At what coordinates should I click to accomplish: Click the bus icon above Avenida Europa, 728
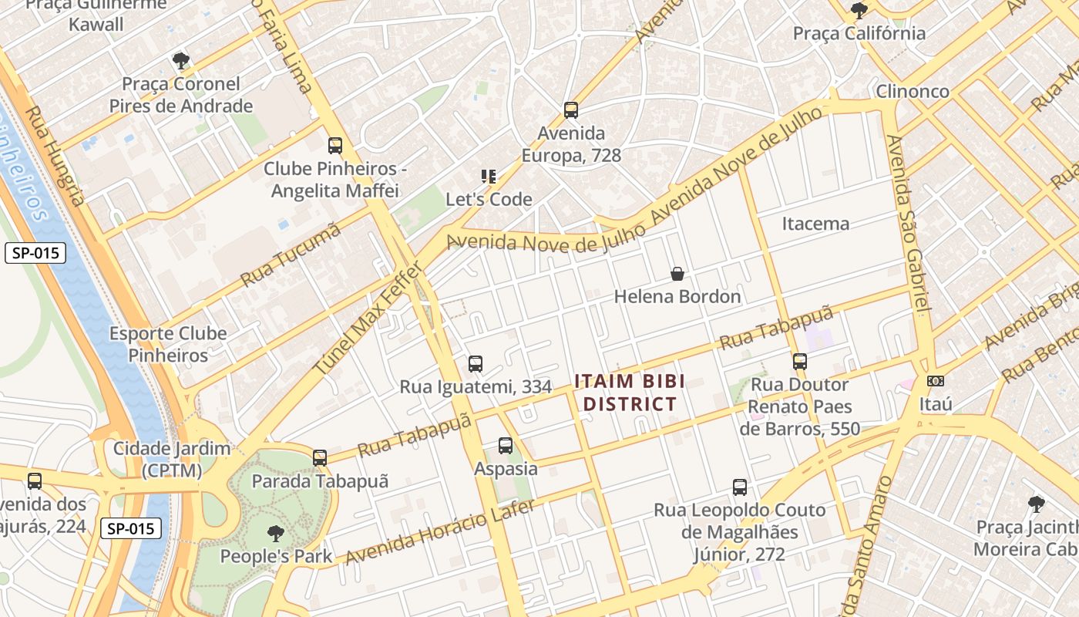click(570, 110)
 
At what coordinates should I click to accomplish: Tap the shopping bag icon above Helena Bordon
click(677, 274)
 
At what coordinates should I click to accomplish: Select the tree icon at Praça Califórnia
click(859, 11)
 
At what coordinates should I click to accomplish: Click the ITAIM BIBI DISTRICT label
click(630, 393)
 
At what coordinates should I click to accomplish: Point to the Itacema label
click(815, 224)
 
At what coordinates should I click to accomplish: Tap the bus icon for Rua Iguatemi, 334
click(476, 364)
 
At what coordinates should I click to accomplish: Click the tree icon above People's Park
click(275, 533)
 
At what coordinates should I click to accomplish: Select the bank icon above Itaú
click(936, 381)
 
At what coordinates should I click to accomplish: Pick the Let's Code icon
click(489, 177)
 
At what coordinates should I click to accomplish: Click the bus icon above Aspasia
click(506, 446)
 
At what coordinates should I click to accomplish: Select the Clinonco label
click(913, 91)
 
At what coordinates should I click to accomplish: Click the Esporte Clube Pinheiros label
click(168, 344)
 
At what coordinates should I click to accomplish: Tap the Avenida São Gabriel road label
click(909, 224)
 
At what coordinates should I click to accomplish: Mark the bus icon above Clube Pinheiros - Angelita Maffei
click(334, 146)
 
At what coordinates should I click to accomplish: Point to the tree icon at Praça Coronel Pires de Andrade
click(180, 60)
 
